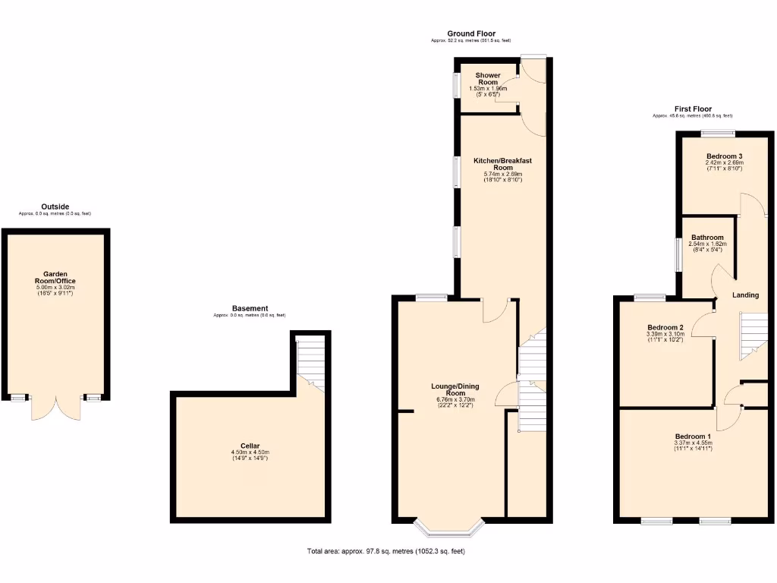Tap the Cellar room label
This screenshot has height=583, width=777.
(x=250, y=446)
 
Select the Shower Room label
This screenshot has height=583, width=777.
(x=488, y=79)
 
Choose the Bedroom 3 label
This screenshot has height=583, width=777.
(x=724, y=156)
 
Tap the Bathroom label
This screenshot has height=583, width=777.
(x=707, y=238)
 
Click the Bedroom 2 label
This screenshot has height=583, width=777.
(x=665, y=328)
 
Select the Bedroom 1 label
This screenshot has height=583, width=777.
(x=694, y=436)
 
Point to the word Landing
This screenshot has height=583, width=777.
(x=745, y=295)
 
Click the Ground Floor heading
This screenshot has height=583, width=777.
(x=471, y=33)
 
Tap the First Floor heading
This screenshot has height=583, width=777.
(x=693, y=109)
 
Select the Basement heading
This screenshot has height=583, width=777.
(x=250, y=308)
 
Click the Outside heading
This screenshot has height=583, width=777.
(x=55, y=206)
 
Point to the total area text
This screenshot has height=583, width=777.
(x=385, y=551)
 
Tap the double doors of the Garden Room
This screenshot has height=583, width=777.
(x=55, y=408)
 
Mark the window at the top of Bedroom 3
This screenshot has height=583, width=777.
(x=717, y=134)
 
